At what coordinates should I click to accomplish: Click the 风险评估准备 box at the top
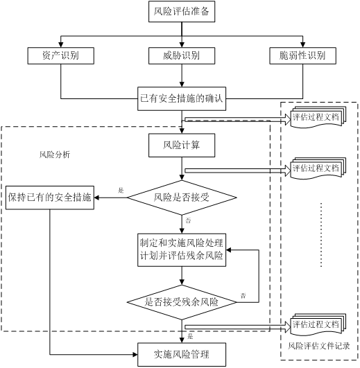tap(182, 11)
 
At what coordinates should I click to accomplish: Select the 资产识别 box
tap(61, 55)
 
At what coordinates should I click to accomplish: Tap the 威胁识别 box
tap(182, 55)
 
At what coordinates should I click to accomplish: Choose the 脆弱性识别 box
tap(302, 55)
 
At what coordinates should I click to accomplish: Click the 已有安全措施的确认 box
tap(182, 98)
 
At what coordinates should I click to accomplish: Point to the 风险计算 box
tap(182, 146)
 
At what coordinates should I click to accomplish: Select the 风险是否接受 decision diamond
tap(182, 198)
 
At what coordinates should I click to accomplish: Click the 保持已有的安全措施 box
tap(50, 198)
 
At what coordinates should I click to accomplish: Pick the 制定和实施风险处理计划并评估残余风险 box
tap(182, 249)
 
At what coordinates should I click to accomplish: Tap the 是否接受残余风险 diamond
tap(182, 302)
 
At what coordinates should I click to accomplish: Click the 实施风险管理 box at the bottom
tap(182, 354)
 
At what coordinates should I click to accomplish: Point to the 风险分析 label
tap(55, 155)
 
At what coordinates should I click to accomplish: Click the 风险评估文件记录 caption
tap(318, 346)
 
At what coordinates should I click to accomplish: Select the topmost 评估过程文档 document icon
tap(318, 117)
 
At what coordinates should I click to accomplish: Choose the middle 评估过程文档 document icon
tap(318, 168)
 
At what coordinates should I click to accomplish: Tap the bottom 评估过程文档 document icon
tap(318, 324)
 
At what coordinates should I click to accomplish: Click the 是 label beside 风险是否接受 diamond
tap(121, 191)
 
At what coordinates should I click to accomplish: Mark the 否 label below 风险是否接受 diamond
tap(188, 220)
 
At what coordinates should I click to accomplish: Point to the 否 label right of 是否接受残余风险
tap(243, 295)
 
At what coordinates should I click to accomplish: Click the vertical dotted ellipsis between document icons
tap(321, 235)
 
